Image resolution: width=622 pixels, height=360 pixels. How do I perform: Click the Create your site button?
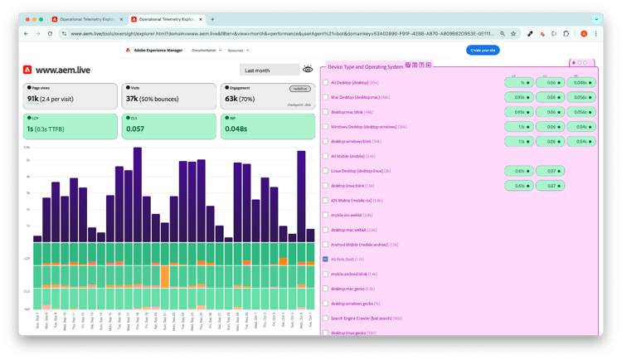point(484,51)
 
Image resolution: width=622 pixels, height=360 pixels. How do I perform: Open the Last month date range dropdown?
point(269,71)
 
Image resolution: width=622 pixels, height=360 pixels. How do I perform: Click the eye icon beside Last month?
point(309,70)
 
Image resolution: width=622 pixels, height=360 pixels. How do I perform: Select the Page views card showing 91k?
point(70,96)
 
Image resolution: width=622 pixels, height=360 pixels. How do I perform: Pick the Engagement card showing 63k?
point(267,96)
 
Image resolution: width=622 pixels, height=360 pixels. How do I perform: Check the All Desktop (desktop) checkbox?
point(326,83)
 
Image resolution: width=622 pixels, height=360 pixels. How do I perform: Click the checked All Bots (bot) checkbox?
point(326,260)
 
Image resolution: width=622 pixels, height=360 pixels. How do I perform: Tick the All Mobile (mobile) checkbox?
point(326,156)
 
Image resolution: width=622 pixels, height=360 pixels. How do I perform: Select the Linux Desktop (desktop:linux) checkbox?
point(326,171)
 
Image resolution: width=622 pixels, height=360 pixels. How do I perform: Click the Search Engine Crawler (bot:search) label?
point(367,319)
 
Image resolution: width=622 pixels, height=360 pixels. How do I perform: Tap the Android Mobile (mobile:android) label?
point(365,245)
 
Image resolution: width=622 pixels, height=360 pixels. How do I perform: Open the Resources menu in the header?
point(241,51)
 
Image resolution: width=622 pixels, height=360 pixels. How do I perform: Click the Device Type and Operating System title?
point(365,66)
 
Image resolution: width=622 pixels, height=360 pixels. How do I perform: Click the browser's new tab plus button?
point(212,18)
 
